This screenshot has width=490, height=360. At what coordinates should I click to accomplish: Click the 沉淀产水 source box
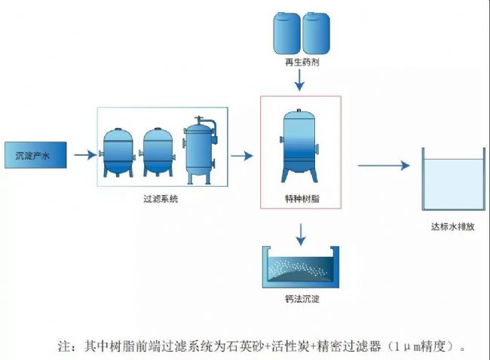[35, 155]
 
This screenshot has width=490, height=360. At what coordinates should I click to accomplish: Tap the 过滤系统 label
[161, 199]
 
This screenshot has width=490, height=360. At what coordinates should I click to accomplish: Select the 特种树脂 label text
[302, 199]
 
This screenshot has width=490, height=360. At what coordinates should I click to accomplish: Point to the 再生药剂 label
[302, 62]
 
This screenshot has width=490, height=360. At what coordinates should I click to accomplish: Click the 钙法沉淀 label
[302, 299]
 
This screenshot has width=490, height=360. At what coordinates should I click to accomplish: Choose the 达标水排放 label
[453, 227]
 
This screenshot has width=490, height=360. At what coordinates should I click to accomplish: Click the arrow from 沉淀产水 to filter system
[85, 154]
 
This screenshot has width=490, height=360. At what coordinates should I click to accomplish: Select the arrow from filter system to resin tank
[242, 155]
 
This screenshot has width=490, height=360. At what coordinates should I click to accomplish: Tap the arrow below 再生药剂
[299, 80]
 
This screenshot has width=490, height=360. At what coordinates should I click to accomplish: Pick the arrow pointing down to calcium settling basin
[301, 234]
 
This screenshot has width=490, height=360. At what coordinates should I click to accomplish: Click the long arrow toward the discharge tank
[384, 165]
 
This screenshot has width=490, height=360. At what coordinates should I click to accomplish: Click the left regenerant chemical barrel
[287, 33]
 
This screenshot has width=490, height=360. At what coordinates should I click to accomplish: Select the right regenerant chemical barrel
[316, 33]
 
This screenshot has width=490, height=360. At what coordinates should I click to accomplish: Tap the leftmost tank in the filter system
[118, 153]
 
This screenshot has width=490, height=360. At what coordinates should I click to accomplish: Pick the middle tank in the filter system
[158, 153]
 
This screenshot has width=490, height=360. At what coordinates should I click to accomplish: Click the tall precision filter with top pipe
[200, 150]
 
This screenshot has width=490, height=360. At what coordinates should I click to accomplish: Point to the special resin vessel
[299, 145]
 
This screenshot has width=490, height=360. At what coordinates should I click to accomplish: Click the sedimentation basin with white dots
[301, 267]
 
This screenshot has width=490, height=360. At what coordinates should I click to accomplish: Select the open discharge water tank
[454, 179]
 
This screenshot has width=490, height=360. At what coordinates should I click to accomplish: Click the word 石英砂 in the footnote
[247, 346]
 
